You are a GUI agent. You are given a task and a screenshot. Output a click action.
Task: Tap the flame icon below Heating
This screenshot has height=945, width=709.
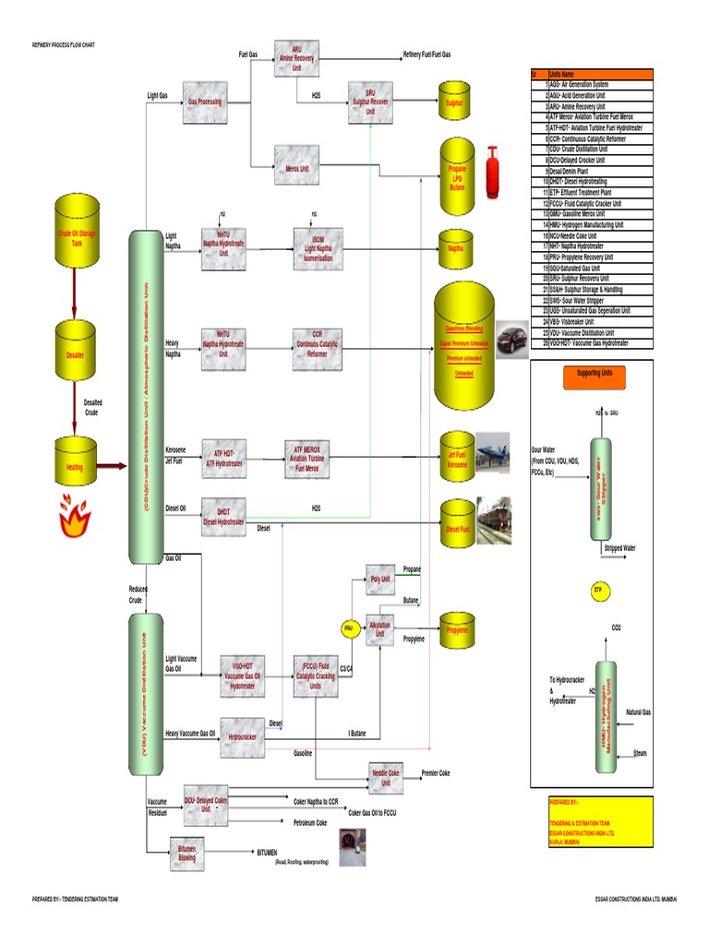tap(73, 519)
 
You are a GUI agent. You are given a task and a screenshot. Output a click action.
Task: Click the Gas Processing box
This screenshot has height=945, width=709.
tap(204, 102)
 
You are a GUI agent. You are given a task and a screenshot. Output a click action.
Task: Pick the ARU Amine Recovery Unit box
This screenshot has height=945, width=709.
tap(296, 57)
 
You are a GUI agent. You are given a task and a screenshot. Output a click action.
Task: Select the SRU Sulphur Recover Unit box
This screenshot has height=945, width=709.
tap(370, 102)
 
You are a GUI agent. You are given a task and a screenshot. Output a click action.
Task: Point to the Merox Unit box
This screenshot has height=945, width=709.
tap(296, 170)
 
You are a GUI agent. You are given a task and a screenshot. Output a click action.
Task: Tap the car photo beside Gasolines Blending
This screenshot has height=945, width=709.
tap(511, 339)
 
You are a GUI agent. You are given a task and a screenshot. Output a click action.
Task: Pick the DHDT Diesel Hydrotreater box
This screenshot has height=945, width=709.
tap(223, 518)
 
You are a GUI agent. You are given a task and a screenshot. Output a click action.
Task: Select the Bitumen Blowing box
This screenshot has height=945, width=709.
tap(187, 853)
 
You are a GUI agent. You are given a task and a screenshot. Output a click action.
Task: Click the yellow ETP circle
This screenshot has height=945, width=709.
tap(597, 588)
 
